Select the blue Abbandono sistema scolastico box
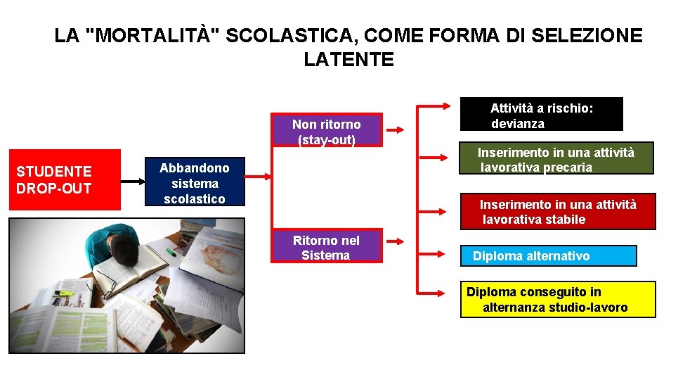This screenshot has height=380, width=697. tap(194, 182)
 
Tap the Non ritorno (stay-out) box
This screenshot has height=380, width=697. tap(327, 130)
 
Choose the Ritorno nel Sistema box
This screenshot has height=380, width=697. tap(327, 246)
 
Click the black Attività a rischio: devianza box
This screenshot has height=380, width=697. tap(541, 114)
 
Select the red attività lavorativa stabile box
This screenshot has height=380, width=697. tap(558, 211)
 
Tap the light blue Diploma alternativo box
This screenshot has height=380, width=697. tap(548, 255)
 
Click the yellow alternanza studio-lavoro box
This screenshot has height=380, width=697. tap(558, 300)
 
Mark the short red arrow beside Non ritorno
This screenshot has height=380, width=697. tap(396, 130)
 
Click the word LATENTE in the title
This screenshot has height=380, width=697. tap(348, 60)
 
